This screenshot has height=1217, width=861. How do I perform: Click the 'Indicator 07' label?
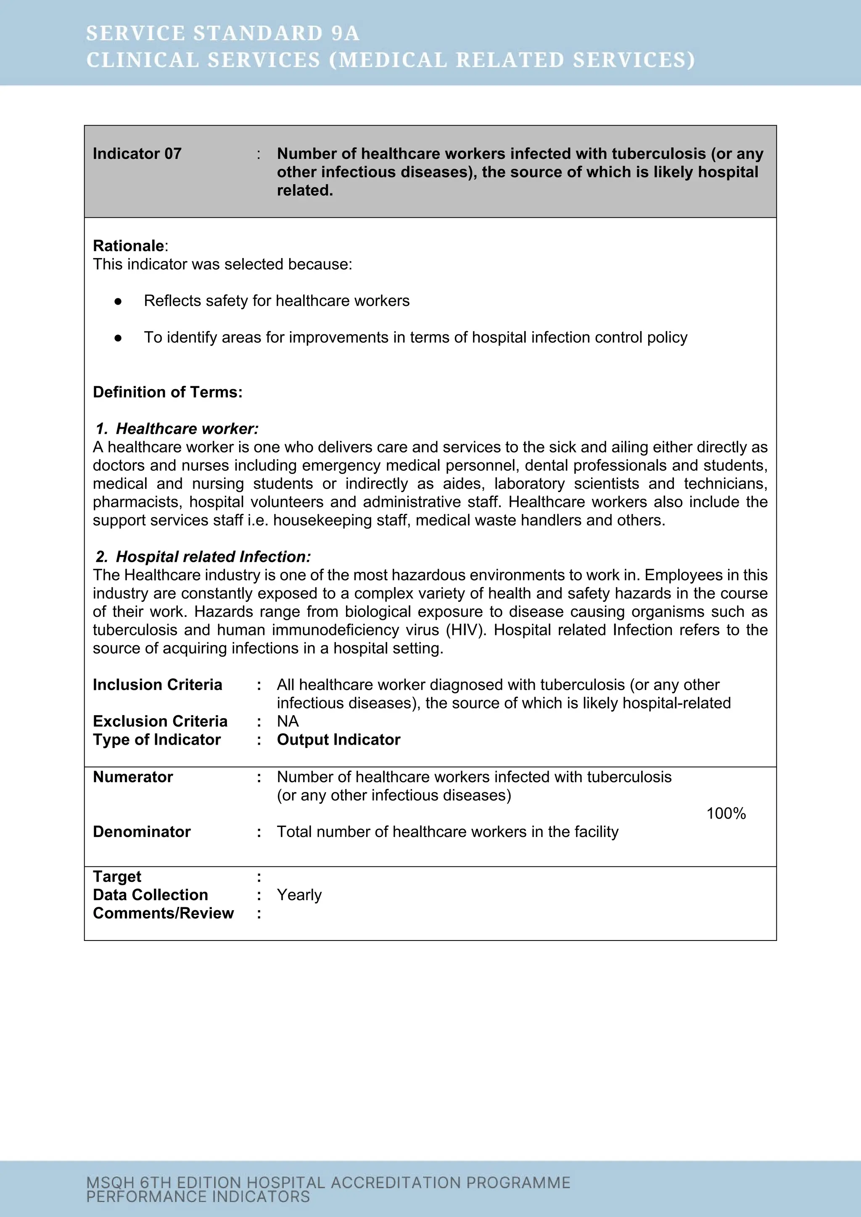point(137,154)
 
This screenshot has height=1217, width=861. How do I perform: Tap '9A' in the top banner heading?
point(345,33)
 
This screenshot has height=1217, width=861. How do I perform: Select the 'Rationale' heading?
point(128,246)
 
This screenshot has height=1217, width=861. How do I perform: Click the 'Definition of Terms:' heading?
point(168,392)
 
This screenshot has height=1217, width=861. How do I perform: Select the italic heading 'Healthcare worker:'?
point(187,429)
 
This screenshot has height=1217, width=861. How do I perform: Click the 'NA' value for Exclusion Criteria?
point(288,722)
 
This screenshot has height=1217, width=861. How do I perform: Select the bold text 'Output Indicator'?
point(338,740)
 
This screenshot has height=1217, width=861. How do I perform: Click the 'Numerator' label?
point(132,777)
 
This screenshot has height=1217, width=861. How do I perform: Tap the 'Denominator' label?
point(142,832)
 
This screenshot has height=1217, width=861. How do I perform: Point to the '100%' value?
point(726,814)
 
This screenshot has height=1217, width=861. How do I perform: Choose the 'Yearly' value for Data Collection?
point(299,895)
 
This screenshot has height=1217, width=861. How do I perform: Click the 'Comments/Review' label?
point(163,913)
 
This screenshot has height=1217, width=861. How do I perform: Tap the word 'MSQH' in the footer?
point(110,1183)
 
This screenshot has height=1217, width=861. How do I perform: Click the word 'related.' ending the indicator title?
point(305,191)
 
